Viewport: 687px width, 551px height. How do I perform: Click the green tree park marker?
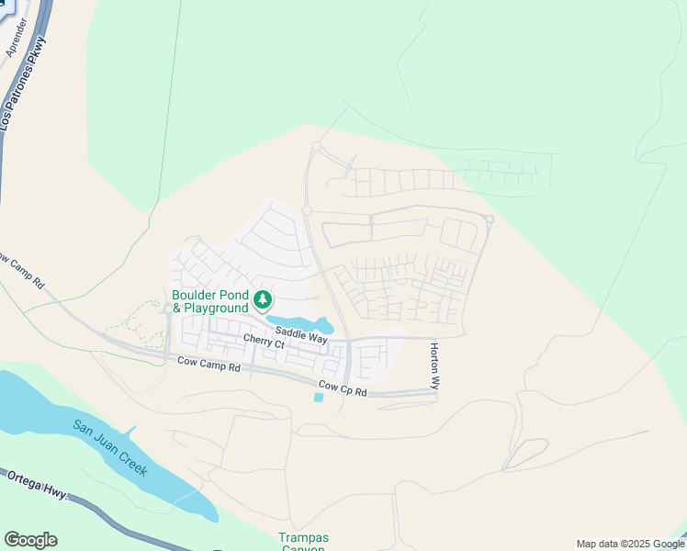(263, 299)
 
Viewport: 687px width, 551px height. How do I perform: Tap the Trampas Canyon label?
(303, 542)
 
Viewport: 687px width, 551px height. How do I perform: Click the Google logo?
(30, 540)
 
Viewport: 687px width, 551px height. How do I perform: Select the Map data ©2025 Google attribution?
(629, 544)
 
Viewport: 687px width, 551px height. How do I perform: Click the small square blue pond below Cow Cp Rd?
(319, 397)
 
